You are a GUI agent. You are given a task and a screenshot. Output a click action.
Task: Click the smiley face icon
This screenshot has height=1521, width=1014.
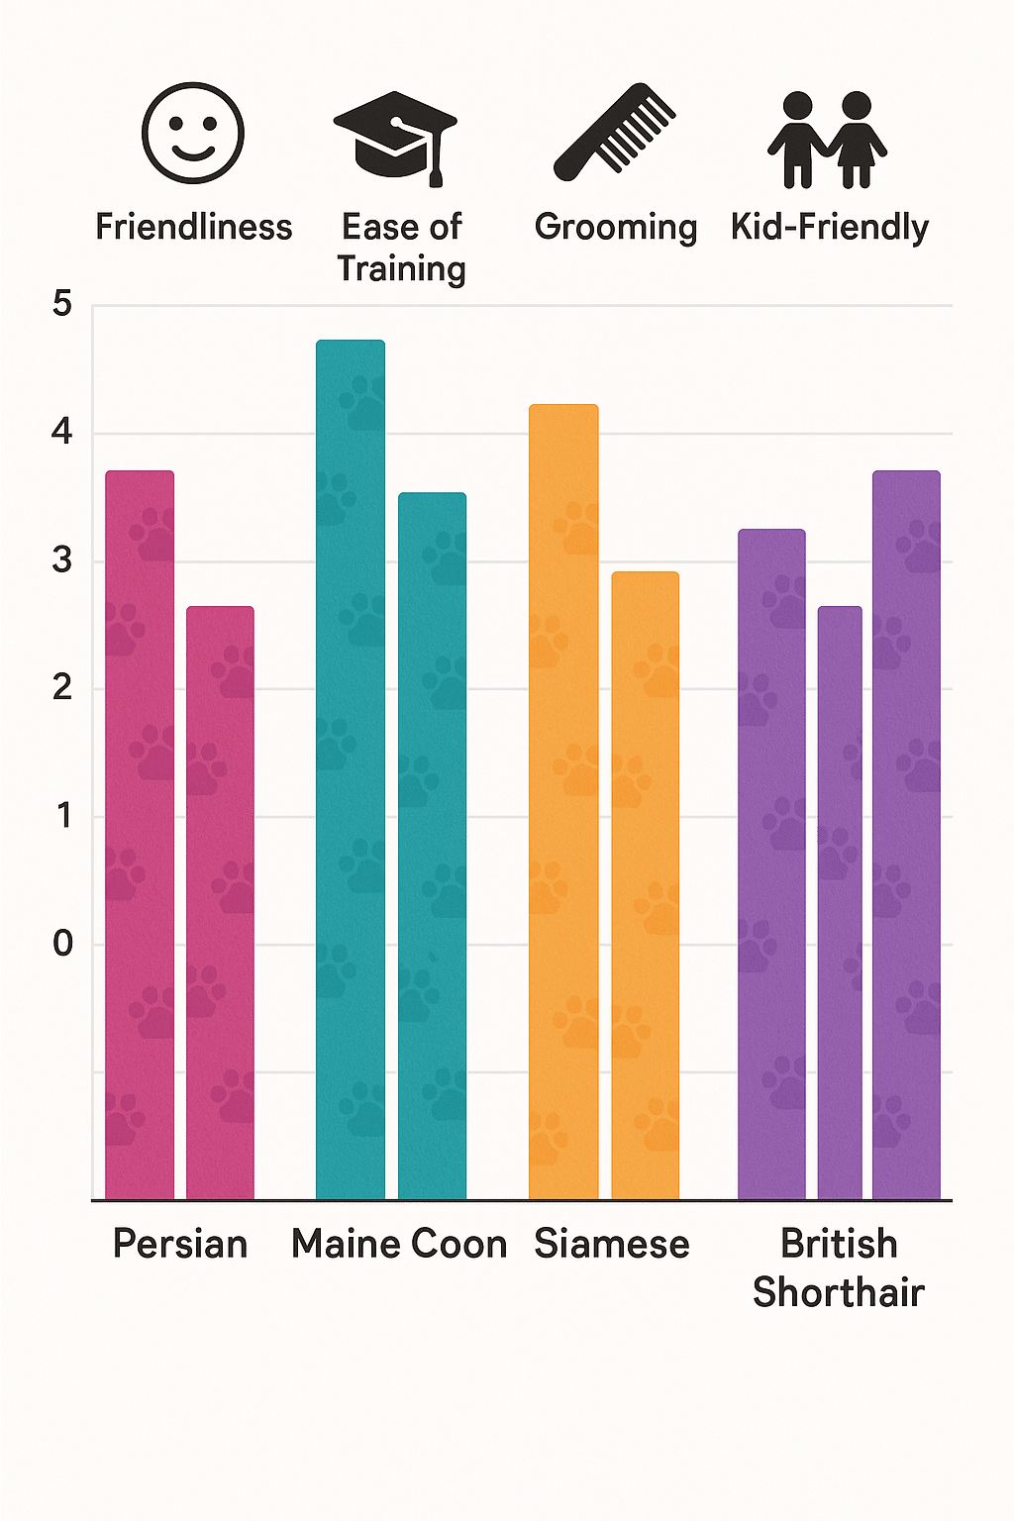193,133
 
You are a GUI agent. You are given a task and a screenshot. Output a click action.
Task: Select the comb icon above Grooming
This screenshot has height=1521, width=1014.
614,132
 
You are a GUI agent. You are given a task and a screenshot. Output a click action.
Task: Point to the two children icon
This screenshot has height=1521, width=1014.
828,139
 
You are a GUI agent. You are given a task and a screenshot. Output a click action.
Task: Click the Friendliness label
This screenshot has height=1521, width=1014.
194,227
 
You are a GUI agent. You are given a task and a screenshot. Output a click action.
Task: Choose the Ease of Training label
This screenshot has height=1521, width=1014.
401,248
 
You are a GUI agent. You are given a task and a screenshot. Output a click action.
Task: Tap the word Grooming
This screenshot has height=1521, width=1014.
616,227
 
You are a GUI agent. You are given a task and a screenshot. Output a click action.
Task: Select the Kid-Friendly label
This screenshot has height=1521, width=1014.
830,227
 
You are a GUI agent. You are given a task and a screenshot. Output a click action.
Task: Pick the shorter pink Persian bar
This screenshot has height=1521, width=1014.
220,901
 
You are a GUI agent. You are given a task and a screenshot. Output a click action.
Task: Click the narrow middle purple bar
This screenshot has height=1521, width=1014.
840,901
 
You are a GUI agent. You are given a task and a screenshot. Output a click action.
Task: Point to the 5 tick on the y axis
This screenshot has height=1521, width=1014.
62,304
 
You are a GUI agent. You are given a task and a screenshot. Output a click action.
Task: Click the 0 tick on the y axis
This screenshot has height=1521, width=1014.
62,944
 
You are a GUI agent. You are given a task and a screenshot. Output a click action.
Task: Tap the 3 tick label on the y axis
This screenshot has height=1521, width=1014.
62,560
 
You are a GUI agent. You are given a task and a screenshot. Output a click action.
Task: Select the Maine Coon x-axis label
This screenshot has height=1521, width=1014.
399,1244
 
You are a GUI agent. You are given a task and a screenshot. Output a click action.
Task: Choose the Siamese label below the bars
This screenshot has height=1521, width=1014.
612,1244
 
